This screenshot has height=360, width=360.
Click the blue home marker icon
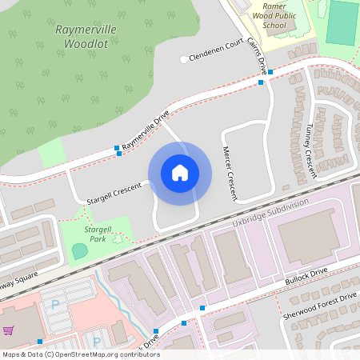point(179,173)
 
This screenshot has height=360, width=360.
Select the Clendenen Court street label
point(216,53)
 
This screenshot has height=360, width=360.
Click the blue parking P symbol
point(55,304)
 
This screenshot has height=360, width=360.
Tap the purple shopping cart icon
point(9,330)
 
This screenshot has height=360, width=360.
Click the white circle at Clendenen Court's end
point(184,59)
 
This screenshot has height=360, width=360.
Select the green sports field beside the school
point(342,22)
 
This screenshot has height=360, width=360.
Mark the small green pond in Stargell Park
point(80,250)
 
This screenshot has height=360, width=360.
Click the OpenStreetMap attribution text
point(80,354)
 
